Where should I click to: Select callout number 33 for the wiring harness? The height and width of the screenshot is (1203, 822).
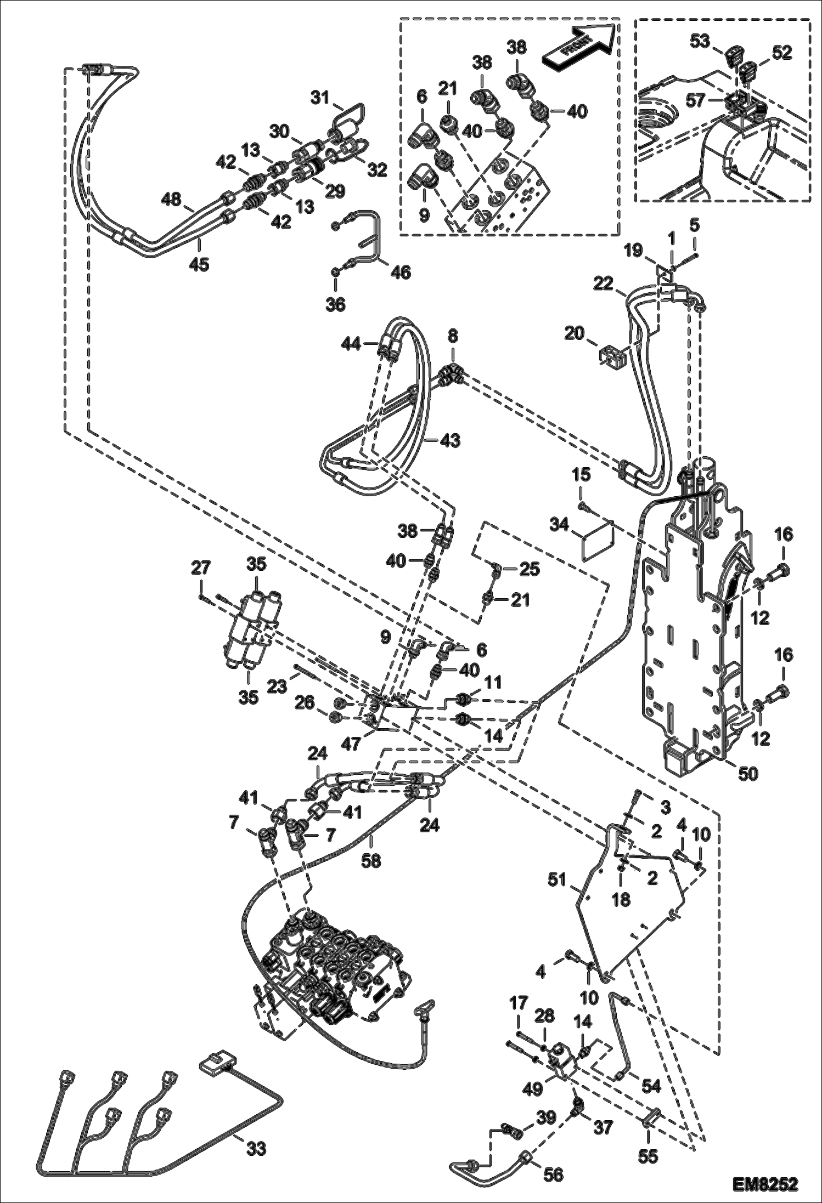pyautogui.click(x=256, y=1143)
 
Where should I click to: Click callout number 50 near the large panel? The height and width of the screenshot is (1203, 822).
pyautogui.click(x=748, y=773)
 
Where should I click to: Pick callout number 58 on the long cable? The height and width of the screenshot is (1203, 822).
pyautogui.click(x=371, y=860)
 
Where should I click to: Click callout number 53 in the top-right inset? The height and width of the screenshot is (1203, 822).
pyautogui.click(x=700, y=41)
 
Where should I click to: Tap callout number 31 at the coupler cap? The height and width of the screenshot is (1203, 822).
pyautogui.click(x=319, y=98)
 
